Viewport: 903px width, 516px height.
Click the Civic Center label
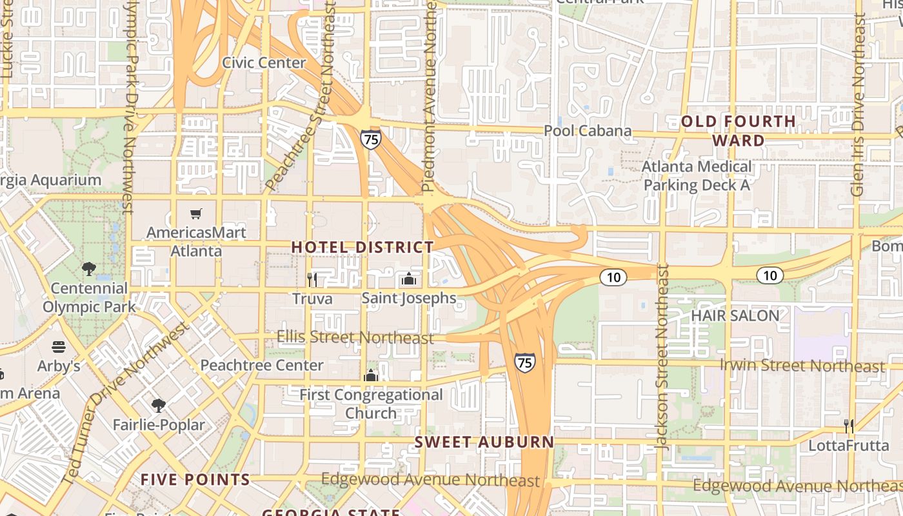click(264, 63)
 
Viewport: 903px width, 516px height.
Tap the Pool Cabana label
click(588, 131)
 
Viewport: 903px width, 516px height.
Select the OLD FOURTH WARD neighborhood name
click(739, 131)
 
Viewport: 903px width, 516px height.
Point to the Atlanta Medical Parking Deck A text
click(697, 176)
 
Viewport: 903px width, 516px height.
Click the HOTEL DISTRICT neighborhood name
click(362, 247)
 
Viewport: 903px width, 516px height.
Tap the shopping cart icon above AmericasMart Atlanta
click(195, 213)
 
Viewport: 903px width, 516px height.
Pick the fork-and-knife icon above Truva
click(312, 279)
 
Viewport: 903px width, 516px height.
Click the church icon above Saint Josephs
click(408, 279)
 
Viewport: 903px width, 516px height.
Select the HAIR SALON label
click(735, 315)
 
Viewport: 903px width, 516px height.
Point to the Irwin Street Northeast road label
click(802, 366)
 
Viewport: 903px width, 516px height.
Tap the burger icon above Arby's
click(59, 347)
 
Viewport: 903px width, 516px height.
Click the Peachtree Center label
click(262, 365)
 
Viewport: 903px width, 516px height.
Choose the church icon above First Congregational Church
click(371, 375)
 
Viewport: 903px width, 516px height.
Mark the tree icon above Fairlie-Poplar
click(158, 405)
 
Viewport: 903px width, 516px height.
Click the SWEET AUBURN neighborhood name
click(484, 442)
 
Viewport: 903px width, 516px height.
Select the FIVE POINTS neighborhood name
click(195, 479)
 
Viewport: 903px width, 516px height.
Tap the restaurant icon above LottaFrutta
click(849, 426)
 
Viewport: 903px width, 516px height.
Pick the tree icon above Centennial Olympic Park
click(89, 269)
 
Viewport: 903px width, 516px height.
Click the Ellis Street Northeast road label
click(355, 337)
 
